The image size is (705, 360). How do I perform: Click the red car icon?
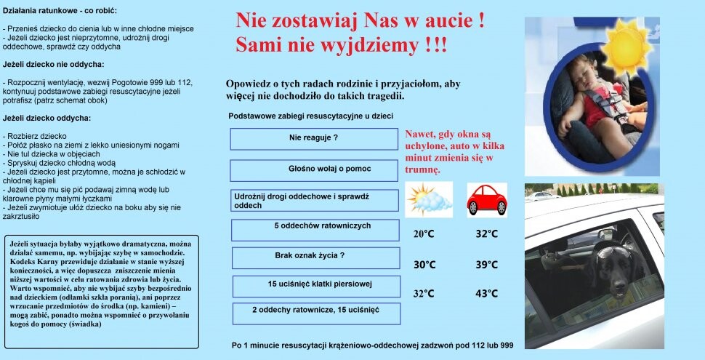(x=486, y=199)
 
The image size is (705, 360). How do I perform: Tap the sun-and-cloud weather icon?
(x=429, y=199)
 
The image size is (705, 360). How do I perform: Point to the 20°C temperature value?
(x=424, y=234)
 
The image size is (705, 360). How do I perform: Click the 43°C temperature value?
(x=486, y=293)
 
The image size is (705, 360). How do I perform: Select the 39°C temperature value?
(x=486, y=264)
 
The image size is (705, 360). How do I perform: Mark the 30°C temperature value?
(x=424, y=264)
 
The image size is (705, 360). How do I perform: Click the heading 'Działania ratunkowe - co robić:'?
(x=60, y=12)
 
